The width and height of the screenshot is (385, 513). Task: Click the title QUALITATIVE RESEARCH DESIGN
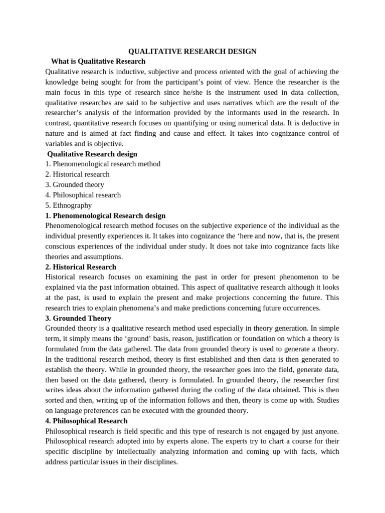click(x=192, y=51)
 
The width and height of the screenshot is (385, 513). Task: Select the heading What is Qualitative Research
click(x=98, y=61)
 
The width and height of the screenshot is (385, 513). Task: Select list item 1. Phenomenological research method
click(x=103, y=164)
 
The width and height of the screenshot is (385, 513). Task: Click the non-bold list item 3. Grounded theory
click(x=75, y=184)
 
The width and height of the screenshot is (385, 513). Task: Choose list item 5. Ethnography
click(x=69, y=205)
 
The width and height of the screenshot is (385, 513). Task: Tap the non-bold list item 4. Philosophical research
click(x=83, y=195)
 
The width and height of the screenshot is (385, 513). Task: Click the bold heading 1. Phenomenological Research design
click(x=105, y=215)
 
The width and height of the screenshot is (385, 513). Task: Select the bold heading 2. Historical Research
click(x=81, y=267)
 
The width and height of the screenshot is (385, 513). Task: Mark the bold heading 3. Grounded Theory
click(x=78, y=318)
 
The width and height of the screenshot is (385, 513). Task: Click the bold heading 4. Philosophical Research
click(x=86, y=421)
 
